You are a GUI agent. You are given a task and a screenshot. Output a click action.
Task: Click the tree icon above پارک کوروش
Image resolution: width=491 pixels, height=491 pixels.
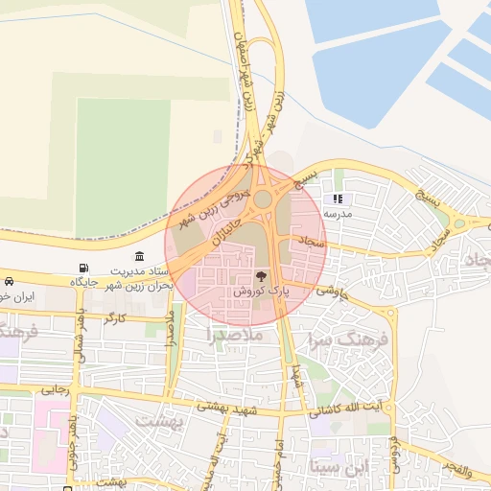click(x=262, y=276)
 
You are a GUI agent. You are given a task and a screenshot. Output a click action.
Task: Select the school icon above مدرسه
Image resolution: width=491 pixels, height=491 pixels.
click(x=337, y=199)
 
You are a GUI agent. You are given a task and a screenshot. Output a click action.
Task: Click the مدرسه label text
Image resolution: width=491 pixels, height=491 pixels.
click(x=337, y=214)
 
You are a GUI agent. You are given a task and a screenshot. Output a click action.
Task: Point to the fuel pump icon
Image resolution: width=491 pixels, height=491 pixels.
click(x=86, y=268)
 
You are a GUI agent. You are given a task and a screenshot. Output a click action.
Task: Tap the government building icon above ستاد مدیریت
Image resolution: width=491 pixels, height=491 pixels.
click(x=141, y=256)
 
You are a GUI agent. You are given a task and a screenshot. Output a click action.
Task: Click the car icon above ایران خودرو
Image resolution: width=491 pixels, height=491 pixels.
click(x=9, y=282)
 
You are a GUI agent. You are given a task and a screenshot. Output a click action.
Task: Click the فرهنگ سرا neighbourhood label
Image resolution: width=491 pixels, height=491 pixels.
click(x=347, y=340)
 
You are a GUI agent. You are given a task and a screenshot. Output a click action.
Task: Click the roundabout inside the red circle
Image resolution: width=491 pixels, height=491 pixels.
click(x=262, y=199)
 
